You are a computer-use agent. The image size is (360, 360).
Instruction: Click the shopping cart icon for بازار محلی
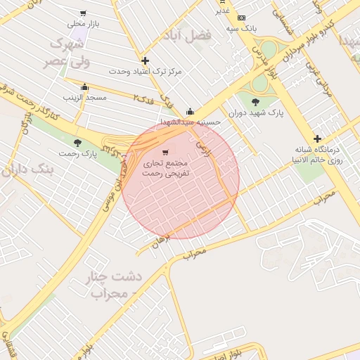pos(84,13)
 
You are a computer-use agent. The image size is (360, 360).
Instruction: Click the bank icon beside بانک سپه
pos(242,18)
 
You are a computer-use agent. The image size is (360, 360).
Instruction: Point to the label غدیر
pos(222,11)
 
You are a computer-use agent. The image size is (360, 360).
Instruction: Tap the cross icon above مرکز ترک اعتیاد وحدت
pos(145,61)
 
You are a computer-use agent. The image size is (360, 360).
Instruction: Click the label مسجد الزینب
pos(86,97)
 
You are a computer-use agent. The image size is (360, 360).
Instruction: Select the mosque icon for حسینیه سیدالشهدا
pos(190,111)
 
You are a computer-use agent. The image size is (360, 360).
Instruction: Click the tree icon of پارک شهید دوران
pos(255,102)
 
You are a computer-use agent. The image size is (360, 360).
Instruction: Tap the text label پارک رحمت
pos(77,153)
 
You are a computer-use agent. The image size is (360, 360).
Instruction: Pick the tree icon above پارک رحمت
pos(77,143)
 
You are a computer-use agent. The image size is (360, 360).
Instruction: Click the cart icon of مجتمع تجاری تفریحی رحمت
pos(165,152)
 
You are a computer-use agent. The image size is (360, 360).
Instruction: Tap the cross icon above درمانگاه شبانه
pos(317,139)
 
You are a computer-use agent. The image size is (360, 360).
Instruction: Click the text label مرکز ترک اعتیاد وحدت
pos(146,72)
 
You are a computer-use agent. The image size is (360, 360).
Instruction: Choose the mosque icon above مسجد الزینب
pos(85,87)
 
